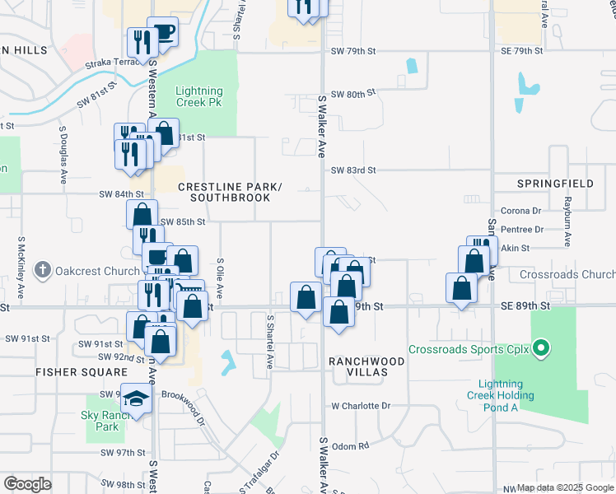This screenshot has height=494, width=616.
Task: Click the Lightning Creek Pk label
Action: tap(199, 96)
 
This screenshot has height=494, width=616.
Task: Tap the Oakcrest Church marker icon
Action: tap(44, 269)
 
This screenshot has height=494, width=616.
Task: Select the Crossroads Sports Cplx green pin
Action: tap(541, 350)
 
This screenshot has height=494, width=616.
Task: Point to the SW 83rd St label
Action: tap(352, 170)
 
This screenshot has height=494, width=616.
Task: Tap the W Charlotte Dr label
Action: tap(361, 406)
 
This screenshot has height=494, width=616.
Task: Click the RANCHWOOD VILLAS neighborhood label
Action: tap(366, 366)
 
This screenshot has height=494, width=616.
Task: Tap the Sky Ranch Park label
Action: tap(101, 420)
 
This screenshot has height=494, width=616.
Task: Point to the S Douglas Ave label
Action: tap(63, 156)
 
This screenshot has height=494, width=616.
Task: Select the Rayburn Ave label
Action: tap(567, 221)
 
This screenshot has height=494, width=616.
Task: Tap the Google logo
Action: tap(27, 484)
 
